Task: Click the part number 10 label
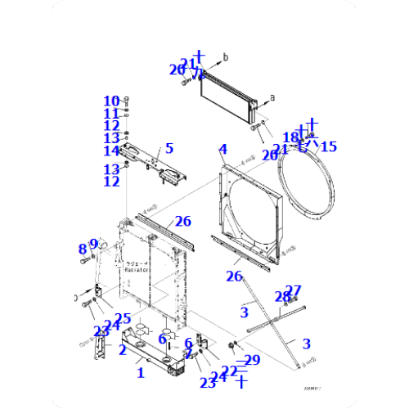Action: [x=111, y=101]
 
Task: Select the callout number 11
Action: [x=111, y=113]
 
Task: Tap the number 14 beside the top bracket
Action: [x=111, y=151]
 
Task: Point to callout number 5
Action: [x=169, y=148]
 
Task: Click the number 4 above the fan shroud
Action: [x=222, y=150]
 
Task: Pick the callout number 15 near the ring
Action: [x=328, y=146]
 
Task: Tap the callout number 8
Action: [x=83, y=249]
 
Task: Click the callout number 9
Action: [x=94, y=243]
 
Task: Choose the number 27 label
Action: [x=293, y=290]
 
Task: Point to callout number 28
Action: [x=281, y=296]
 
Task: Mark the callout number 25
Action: [x=124, y=318]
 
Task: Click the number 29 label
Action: [x=251, y=360]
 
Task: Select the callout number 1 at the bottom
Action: [x=140, y=373]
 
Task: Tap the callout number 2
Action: [x=122, y=350]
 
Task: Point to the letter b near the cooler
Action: [x=227, y=56]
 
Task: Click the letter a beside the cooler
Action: [x=272, y=97]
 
